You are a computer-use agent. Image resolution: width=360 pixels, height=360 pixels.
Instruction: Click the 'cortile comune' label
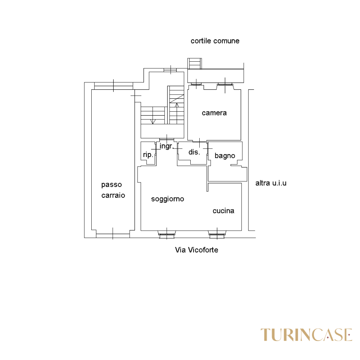[215, 41]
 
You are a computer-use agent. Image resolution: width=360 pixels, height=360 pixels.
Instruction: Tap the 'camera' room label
[214, 113]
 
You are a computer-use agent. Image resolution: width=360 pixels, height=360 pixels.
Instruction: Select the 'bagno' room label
[225, 156]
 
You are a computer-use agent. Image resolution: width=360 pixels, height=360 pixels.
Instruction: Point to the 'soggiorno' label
[168, 199]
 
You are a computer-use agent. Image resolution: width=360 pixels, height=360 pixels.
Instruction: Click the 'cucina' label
[223, 211]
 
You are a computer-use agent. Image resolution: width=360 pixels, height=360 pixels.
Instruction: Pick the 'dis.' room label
[194, 152]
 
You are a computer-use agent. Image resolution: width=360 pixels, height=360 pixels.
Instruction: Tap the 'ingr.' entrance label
[166, 146]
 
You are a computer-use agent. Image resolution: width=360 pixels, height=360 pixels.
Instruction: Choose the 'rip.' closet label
[148, 155]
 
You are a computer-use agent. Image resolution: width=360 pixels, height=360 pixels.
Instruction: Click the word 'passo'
[112, 185]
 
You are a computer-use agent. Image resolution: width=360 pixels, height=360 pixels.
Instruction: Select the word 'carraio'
[113, 195]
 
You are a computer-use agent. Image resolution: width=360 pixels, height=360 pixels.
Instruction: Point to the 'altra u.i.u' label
[271, 183]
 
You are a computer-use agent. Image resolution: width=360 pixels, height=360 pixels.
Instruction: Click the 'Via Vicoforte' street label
[197, 250]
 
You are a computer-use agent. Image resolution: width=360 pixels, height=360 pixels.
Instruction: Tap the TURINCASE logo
[306, 335]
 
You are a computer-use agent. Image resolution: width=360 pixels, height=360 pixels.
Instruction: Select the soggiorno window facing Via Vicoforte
[167, 234]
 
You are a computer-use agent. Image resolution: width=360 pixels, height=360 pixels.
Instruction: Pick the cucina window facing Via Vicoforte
[217, 234]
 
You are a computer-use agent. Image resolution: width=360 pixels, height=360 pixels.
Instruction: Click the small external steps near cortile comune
[195, 64]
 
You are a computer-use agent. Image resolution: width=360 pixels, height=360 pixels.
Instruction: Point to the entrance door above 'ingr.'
[167, 140]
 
